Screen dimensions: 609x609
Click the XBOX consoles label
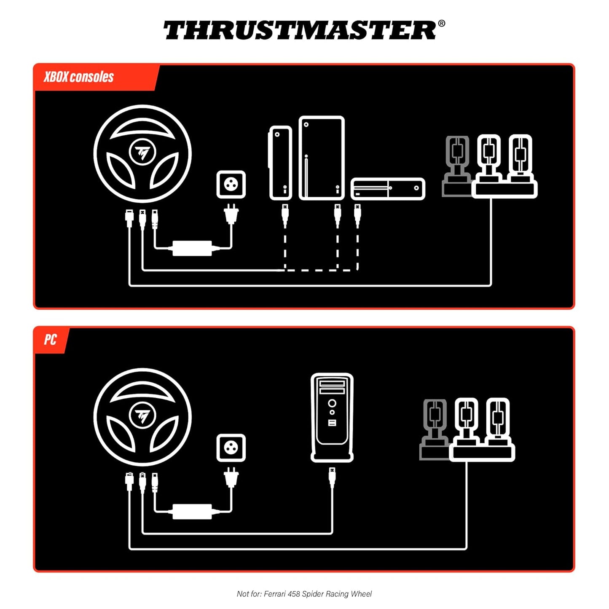pos(79,77)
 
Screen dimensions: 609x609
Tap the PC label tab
pos(50,340)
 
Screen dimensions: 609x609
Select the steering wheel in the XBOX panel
pos(142,154)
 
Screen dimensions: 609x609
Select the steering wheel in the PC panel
pos(142,417)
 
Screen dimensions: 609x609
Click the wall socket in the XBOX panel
pos(231,184)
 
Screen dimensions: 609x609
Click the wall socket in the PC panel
pos(231,448)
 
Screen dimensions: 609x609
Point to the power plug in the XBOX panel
pos(231,214)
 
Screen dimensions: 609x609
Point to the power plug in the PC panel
pos(231,477)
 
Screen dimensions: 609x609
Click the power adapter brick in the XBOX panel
pos(192,248)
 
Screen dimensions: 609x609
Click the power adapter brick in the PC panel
pos(192,511)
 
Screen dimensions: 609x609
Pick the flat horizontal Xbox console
pos(388,188)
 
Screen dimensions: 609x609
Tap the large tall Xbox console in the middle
pos(322,158)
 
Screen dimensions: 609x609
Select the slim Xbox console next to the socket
pos(280,163)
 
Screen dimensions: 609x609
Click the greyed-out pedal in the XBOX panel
pos(457,165)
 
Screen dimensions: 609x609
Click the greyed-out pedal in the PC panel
pos(435,429)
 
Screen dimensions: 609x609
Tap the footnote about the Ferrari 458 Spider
pos(304,594)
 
